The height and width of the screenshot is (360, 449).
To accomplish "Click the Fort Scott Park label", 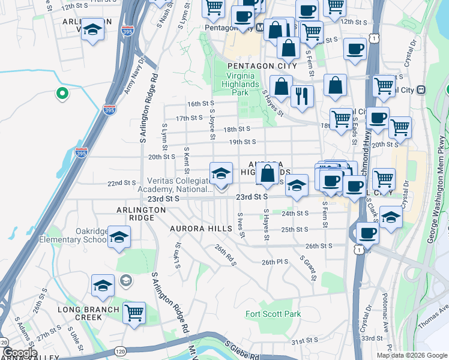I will pyautogui.click(x=273, y=314).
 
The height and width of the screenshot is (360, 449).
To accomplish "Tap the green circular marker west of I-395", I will pyautogui.click(x=61, y=93).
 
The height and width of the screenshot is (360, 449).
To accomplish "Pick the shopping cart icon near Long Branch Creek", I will pyautogui.click(x=134, y=311).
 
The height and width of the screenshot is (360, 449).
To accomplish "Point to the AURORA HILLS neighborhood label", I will pyautogui.click(x=200, y=229).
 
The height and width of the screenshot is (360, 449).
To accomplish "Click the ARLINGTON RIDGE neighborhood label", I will pyautogui.click(x=141, y=214).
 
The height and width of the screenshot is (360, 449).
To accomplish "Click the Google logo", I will pyautogui.click(x=20, y=353).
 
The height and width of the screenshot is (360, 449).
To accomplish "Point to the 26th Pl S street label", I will pyautogui.click(x=275, y=262).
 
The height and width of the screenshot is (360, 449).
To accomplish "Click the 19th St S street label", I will pyautogui.click(x=242, y=142).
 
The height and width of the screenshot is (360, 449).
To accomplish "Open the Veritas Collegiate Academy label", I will pyautogui.click(x=179, y=185).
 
